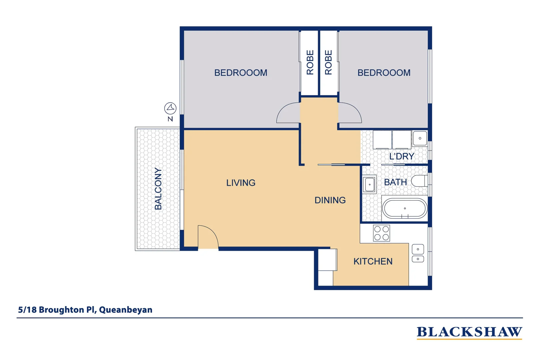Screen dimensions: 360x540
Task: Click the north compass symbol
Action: tap(170, 108)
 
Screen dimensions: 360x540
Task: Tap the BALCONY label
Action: tap(158, 189)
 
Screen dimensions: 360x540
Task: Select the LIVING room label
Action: tap(241, 183)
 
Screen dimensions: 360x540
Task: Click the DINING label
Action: tap(330, 200)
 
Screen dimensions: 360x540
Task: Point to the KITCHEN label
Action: tap(373, 261)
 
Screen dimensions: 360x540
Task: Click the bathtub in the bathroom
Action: tap(405, 209)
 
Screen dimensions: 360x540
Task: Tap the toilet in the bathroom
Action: tap(419, 181)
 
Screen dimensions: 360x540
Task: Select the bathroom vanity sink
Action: tap(369, 184)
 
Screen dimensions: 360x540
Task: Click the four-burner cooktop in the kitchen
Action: tap(381, 233)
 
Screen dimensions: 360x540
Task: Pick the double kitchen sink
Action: tap(418, 254)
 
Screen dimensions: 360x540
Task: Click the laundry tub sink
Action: tap(420, 138)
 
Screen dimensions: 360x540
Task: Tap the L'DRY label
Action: tap(401, 156)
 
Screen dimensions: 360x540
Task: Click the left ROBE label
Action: tap(310, 62)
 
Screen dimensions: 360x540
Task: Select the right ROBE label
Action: tap(328, 62)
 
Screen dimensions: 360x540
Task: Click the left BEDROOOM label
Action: tap(241, 73)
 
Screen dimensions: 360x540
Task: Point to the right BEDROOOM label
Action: tap(384, 73)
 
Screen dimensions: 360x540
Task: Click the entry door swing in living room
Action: tap(207, 237)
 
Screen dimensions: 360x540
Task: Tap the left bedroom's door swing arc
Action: tap(287, 113)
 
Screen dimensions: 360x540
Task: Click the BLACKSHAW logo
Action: tap(469, 332)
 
